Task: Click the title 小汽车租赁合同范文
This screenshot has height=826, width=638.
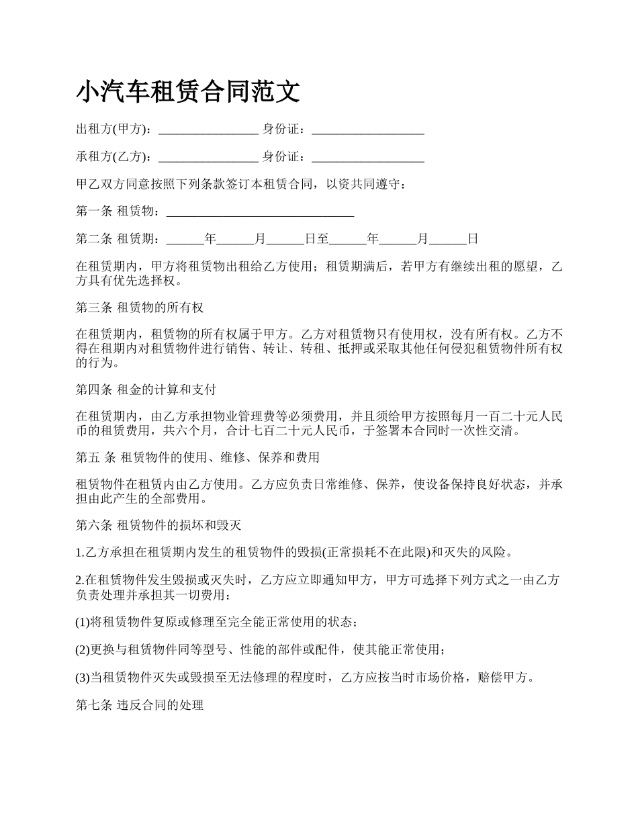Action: click(x=188, y=92)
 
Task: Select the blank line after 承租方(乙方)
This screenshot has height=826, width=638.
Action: click(x=208, y=158)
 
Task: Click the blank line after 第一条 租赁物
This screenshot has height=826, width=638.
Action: click(x=260, y=213)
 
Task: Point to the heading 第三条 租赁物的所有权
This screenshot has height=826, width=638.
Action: click(x=140, y=308)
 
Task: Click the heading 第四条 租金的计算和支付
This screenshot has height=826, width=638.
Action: click(x=146, y=390)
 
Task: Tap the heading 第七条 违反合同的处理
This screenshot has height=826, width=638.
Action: click(x=140, y=706)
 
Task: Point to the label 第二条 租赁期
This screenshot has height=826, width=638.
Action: click(x=118, y=239)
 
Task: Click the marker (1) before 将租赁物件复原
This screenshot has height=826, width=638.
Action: click(x=83, y=623)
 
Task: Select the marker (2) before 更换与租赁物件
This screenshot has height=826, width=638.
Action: click(x=83, y=650)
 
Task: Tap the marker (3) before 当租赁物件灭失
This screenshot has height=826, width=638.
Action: click(x=83, y=678)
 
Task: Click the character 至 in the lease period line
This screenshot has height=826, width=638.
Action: click(x=324, y=239)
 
